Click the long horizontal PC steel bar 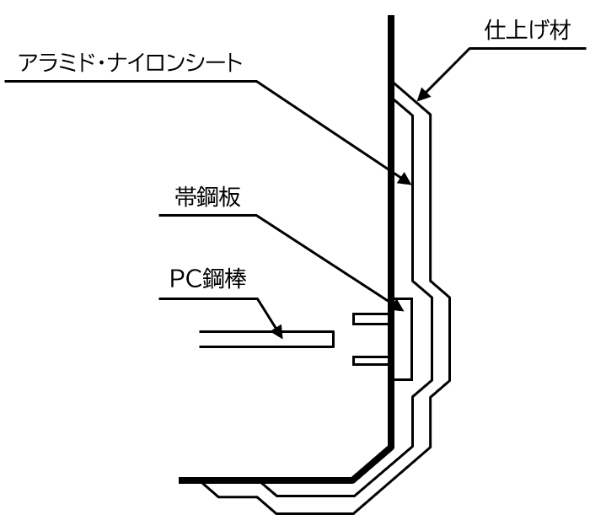point(266,339)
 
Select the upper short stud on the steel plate point(371,319)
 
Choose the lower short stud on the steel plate point(371,361)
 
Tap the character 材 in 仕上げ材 point(560,33)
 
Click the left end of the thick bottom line point(182,480)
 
